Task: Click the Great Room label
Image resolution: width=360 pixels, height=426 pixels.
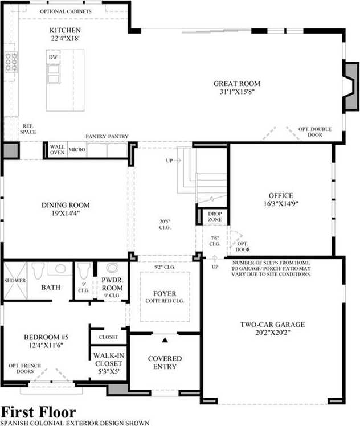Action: [236, 83]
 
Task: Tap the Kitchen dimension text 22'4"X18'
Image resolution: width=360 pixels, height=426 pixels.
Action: [65, 38]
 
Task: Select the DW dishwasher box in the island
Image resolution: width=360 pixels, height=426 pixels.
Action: [53, 57]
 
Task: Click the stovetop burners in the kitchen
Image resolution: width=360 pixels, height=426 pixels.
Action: [11, 62]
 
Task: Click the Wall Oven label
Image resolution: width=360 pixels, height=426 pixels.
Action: [57, 150]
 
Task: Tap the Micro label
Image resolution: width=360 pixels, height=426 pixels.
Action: [77, 150]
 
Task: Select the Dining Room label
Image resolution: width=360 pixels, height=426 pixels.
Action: [66, 205]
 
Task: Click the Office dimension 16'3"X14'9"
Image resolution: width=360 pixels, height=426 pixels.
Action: [281, 204]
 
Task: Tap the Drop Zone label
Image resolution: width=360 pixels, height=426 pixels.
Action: [215, 216]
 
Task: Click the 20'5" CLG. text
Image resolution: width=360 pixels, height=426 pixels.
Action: [165, 224]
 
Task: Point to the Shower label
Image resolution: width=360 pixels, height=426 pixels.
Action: [15, 281]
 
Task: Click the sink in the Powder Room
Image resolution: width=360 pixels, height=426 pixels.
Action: [112, 268]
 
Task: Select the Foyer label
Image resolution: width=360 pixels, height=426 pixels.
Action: [165, 294]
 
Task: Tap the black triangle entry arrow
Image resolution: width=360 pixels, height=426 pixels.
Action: [165, 340]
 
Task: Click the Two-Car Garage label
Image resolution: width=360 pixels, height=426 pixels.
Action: [272, 325]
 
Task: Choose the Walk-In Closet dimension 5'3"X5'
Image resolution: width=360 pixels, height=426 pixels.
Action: [109, 371]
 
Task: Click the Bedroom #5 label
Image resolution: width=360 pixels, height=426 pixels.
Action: [46, 337]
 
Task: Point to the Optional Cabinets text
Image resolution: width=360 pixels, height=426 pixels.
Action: [66, 11]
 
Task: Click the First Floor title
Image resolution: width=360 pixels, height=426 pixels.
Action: [39, 412]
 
